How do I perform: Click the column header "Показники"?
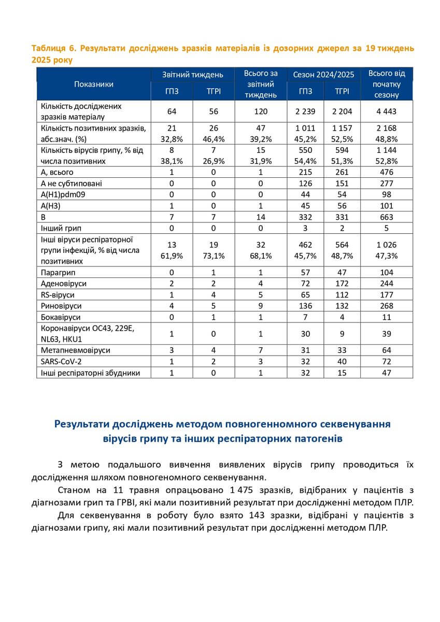coord(94,84)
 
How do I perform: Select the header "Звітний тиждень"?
coord(193,75)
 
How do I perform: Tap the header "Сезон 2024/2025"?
coord(324,75)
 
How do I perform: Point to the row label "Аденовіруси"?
coord(63,284)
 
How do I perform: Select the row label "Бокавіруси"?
coord(61,317)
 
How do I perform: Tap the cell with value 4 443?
coord(387,111)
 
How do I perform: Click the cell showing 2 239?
coord(306,111)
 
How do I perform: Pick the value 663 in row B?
coord(387,217)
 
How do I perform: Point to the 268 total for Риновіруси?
coord(387,306)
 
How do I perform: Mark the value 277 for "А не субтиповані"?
coord(387,183)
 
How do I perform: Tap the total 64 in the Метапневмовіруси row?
coord(387,350)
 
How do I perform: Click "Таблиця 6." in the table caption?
coord(53,48)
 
